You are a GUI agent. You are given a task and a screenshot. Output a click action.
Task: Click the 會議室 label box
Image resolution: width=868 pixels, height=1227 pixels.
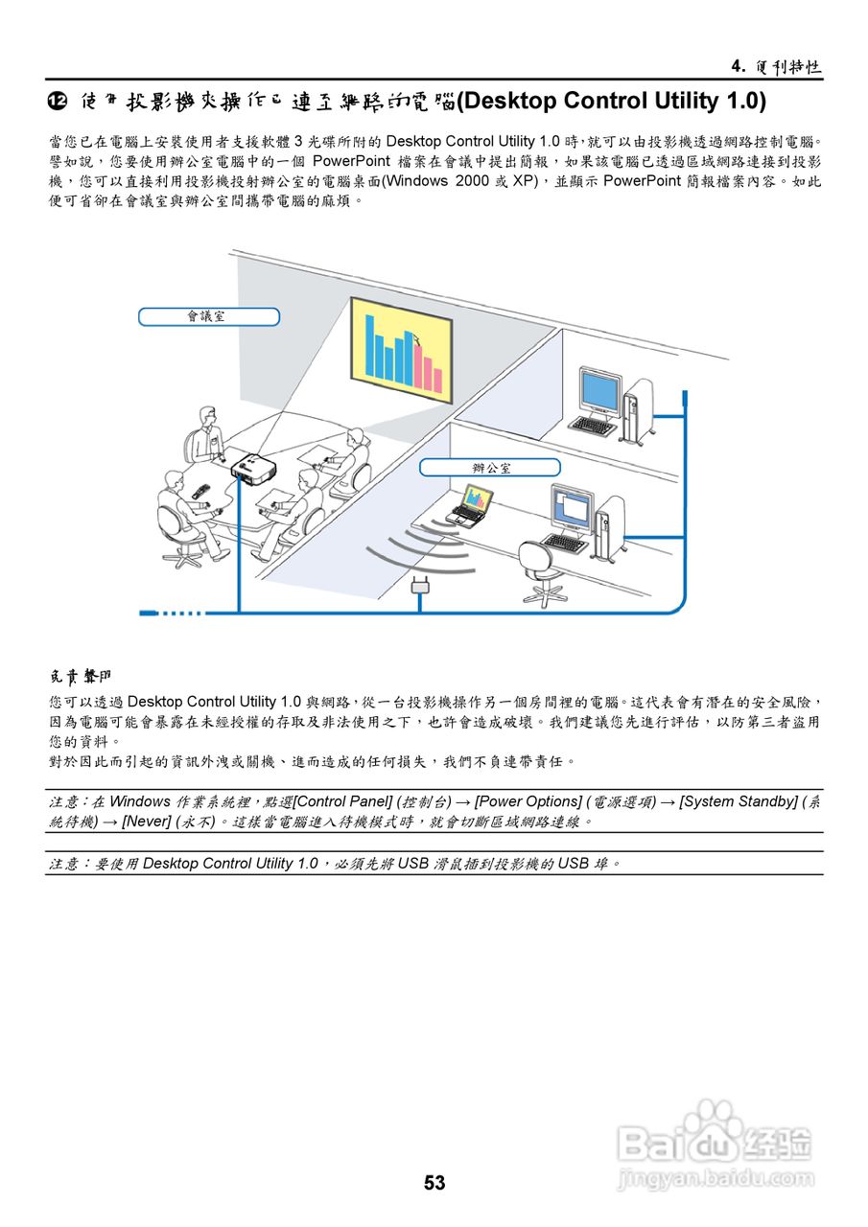[x=208, y=316]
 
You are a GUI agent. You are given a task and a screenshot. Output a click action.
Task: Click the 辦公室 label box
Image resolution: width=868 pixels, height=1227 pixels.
[x=490, y=468]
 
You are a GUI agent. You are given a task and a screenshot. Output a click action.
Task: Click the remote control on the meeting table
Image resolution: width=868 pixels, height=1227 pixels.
[x=199, y=491]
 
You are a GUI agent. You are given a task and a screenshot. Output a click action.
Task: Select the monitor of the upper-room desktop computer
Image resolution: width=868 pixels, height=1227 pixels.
[x=598, y=392]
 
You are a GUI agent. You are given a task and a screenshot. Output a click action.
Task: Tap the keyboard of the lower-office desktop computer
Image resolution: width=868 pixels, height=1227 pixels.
[x=566, y=543]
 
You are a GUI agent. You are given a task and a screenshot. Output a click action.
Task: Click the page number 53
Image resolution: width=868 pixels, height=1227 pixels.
[x=434, y=1183]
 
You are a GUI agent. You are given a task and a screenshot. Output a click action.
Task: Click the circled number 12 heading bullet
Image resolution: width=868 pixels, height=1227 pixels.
[x=58, y=101]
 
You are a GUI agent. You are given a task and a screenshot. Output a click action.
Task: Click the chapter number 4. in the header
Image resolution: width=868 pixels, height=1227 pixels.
[x=738, y=66]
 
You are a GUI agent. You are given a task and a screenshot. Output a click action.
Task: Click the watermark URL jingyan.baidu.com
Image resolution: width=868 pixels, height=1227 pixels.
[x=716, y=1178]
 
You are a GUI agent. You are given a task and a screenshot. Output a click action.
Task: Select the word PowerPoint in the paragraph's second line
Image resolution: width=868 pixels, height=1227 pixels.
[x=351, y=161]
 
